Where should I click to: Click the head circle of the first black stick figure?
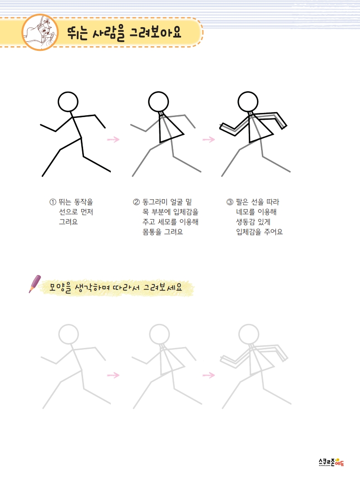point(68,92)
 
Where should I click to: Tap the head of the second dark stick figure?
point(158,92)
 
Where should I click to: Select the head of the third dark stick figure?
point(248,92)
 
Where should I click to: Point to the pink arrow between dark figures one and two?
point(113,139)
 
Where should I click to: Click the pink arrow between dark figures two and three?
point(209,139)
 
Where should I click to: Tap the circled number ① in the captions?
point(53,202)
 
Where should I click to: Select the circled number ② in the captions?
point(136,202)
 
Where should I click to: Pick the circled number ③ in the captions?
point(230,202)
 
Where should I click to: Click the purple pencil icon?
point(35,284)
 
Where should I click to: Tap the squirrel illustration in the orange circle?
point(40,32)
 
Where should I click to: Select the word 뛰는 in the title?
point(77,33)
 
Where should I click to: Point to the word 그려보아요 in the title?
point(156,32)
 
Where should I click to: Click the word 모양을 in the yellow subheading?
point(60,288)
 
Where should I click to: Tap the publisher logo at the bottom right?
point(331,462)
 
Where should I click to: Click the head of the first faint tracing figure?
point(69,325)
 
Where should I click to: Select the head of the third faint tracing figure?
point(249,325)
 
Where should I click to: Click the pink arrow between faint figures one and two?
point(113,375)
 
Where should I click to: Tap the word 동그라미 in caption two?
point(155,202)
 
